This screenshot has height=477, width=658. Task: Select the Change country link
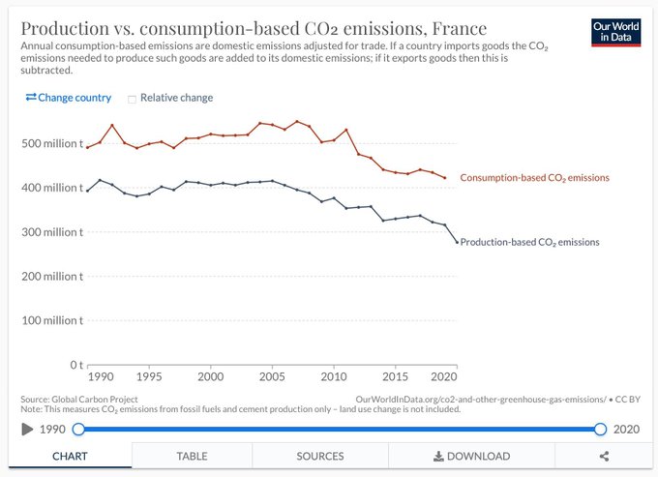tap(68, 98)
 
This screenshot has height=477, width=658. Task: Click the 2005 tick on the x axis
tap(272, 376)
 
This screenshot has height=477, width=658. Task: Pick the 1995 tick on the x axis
tap(149, 376)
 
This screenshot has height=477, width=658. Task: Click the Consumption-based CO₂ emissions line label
tap(534, 178)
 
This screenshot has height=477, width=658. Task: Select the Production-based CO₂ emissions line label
tap(529, 242)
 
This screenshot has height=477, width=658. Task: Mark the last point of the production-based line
tap(457, 242)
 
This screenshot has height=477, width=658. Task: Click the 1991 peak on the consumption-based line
tap(112, 125)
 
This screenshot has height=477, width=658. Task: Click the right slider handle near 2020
tap(601, 429)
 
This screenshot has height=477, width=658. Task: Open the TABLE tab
tap(192, 456)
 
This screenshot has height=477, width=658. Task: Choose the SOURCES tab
tap(320, 456)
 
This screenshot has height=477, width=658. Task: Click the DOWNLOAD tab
tap(471, 456)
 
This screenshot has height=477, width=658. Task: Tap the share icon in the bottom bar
tap(604, 456)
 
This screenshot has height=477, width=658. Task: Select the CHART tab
tap(70, 456)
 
